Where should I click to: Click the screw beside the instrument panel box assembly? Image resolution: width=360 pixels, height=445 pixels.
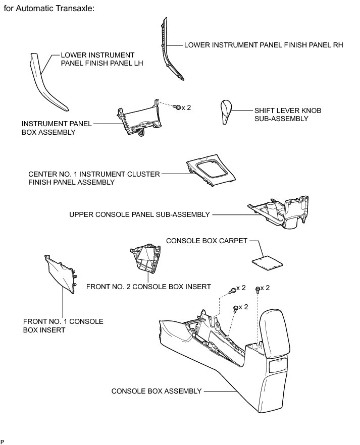[178, 107]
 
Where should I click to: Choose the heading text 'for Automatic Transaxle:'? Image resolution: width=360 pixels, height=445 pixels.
[49, 9]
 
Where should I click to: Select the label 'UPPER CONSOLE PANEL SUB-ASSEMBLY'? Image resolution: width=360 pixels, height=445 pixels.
[139, 214]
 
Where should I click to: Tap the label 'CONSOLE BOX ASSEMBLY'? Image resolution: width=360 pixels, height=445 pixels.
[157, 391]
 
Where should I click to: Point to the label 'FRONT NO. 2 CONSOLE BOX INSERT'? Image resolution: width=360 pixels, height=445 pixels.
[148, 287]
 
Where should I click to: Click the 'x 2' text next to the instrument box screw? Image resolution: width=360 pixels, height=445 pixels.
[187, 107]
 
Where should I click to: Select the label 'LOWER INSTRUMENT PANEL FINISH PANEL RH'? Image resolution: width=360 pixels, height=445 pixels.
[264, 44]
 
